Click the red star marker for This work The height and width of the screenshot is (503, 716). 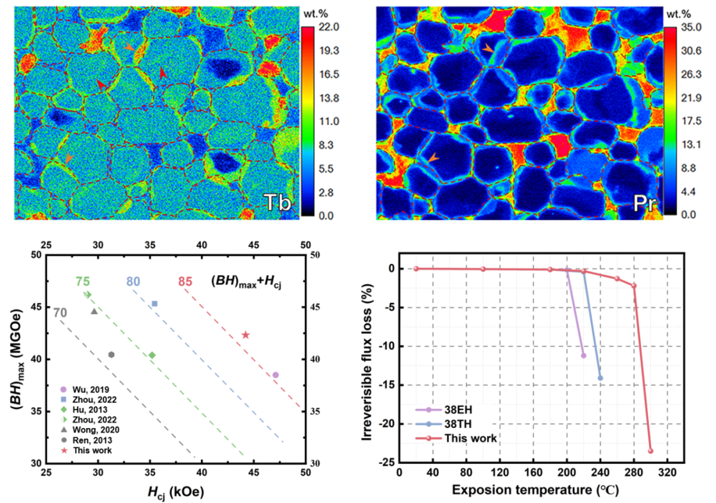click(245, 335)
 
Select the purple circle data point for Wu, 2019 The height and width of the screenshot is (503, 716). click(275, 375)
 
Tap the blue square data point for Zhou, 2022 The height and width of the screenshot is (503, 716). click(154, 304)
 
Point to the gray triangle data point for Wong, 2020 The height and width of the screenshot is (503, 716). click(94, 311)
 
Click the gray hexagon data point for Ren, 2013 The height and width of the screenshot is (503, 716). click(111, 355)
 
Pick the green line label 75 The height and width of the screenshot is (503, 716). click(82, 281)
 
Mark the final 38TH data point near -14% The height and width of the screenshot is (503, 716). click(601, 378)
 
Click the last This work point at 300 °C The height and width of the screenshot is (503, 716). click(650, 451)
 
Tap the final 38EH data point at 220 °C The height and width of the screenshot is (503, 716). click(583, 355)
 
